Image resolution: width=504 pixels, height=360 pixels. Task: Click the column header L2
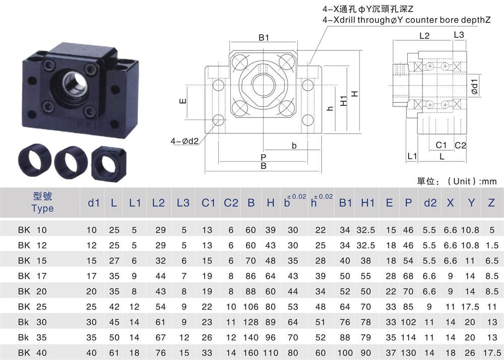tap(158, 203)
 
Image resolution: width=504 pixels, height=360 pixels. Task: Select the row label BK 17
tap(32, 276)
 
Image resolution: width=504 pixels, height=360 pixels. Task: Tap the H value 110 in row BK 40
tap(270, 352)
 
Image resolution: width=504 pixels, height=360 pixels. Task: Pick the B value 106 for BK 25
tap(250, 307)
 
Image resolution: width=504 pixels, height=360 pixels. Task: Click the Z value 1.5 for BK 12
tap(492, 245)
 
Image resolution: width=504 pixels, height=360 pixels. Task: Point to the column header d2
tap(430, 203)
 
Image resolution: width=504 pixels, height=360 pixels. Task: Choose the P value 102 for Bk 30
tap(408, 322)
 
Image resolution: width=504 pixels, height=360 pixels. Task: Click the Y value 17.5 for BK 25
tap(470, 307)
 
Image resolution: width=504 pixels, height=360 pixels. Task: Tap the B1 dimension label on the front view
tap(264, 38)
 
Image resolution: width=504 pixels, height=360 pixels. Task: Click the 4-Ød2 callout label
tap(184, 141)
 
